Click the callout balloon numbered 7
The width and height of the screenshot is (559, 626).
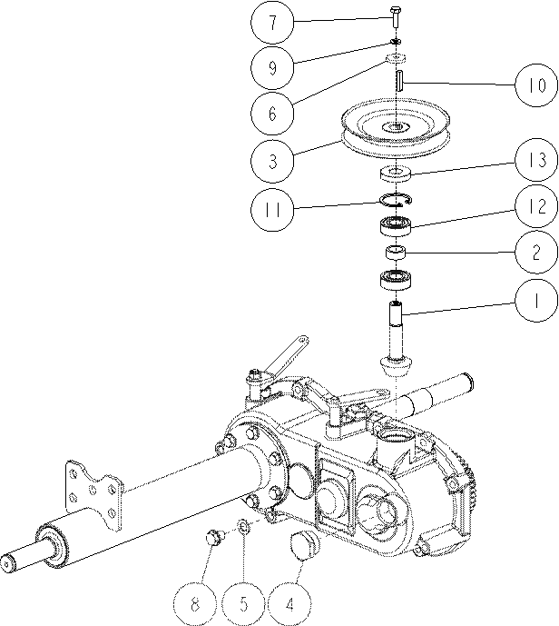pyautogui.click(x=272, y=23)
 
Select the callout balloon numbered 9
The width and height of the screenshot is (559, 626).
pyautogui.click(x=272, y=67)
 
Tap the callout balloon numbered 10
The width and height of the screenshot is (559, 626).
pyautogui.click(x=536, y=85)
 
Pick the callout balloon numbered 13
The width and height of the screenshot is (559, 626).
pyautogui.click(x=536, y=160)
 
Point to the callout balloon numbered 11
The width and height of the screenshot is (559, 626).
pyautogui.click(x=272, y=209)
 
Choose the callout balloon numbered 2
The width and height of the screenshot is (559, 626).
pyautogui.click(x=536, y=252)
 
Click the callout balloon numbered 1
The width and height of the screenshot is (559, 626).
pyautogui.click(x=536, y=300)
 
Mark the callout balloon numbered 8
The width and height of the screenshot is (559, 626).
pyautogui.click(x=195, y=604)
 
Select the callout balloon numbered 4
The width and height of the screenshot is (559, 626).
pyautogui.click(x=289, y=604)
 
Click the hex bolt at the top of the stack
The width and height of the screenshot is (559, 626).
pyautogui.click(x=396, y=16)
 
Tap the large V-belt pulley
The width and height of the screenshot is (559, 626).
pyautogui.click(x=396, y=128)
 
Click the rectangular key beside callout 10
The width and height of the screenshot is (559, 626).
pyautogui.click(x=401, y=80)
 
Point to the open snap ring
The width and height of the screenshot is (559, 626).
pyautogui.click(x=397, y=200)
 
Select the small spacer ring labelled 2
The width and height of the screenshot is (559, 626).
pyautogui.click(x=395, y=253)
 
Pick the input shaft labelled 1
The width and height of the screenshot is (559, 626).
pyautogui.click(x=395, y=340)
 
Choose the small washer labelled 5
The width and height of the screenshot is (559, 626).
pyautogui.click(x=244, y=527)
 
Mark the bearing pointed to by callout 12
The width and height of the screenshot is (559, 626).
pyautogui.click(x=396, y=226)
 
